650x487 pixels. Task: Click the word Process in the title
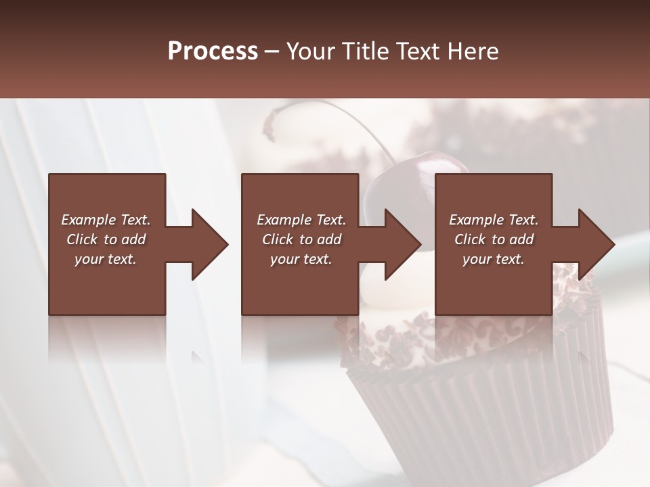click(213, 51)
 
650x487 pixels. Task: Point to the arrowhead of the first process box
click(209, 244)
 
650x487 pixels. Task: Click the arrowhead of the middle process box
click(402, 244)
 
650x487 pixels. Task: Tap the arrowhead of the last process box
click(596, 244)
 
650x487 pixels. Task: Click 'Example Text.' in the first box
click(106, 220)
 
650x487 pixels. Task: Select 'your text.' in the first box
click(106, 258)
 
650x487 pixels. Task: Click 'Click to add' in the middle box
click(301, 239)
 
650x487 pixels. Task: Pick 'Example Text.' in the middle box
click(301, 220)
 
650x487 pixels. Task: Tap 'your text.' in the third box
click(494, 258)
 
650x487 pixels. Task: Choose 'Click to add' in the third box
click(494, 239)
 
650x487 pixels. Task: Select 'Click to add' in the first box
click(106, 239)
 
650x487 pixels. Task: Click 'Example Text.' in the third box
click(494, 220)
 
